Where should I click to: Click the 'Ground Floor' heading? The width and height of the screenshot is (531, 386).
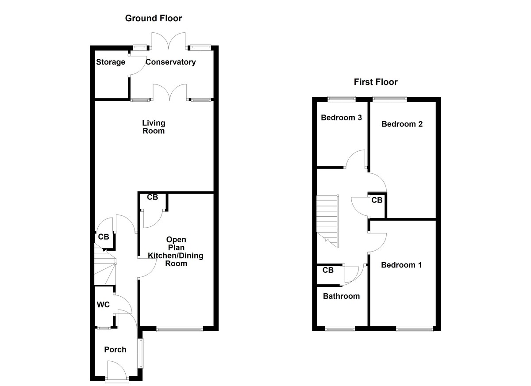point(153,18)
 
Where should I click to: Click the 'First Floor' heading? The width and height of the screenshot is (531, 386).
point(376,82)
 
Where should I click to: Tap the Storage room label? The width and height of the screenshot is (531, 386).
point(111,62)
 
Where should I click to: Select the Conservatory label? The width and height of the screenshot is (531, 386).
point(170,62)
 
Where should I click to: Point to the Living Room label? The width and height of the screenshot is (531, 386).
point(153,127)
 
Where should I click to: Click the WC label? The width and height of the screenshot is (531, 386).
point(103,305)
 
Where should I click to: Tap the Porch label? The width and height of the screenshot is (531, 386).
point(115,350)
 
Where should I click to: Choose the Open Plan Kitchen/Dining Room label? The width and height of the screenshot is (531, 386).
point(175,252)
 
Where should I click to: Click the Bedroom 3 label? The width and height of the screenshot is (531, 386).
point(342,118)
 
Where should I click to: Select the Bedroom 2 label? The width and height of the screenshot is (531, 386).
point(402,124)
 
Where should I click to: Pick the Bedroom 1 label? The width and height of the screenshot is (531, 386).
point(401,265)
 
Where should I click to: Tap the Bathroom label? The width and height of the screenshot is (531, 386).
point(341,296)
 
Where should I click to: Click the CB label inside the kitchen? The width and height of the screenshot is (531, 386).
point(152,198)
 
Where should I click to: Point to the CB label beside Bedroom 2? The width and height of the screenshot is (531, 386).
point(377,200)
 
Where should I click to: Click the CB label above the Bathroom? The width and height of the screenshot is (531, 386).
point(328,271)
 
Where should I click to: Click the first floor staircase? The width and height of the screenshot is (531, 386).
point(327,221)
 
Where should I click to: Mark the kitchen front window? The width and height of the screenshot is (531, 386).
point(180,329)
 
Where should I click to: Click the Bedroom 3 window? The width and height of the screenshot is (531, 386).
point(341,98)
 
